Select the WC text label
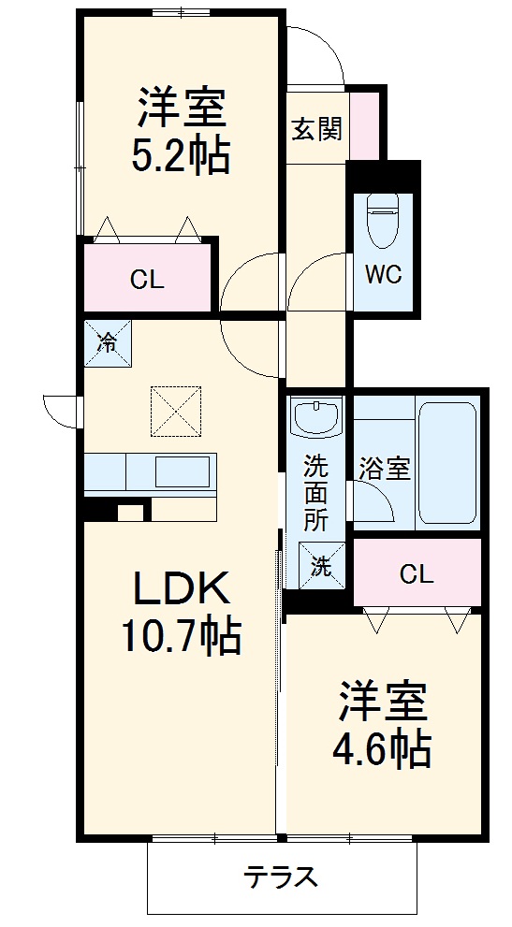coord(383,274)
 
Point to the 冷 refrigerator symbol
coord(108,342)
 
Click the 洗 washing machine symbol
coord(320,565)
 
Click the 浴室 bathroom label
coord(385,469)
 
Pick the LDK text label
coord(180,589)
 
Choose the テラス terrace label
coord(281,877)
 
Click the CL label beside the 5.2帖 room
coord(147,279)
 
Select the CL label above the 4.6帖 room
coord(417,574)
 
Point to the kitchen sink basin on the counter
coord(183,471)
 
